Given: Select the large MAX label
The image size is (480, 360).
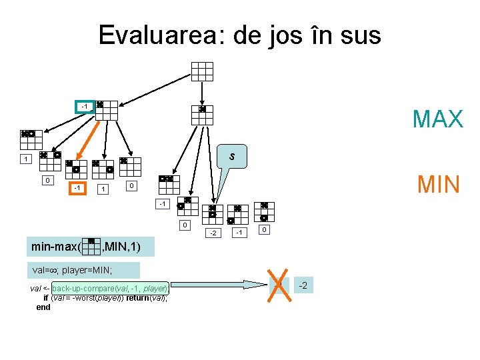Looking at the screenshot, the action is pyautogui.click(x=437, y=119).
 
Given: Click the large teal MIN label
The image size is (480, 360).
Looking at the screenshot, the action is pyautogui.click(x=439, y=184).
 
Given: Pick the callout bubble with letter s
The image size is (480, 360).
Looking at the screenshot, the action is pyautogui.click(x=231, y=157).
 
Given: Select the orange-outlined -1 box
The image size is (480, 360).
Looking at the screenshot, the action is pyautogui.click(x=78, y=188).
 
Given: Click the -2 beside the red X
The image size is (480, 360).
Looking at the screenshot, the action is pyautogui.click(x=302, y=286).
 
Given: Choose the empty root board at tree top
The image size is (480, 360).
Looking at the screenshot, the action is pyautogui.click(x=202, y=71).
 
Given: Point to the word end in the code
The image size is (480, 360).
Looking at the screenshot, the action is pyautogui.click(x=43, y=307).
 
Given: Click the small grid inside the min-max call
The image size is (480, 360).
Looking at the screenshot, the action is pyautogui.click(x=94, y=247).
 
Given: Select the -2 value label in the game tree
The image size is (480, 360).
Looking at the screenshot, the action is pyautogui.click(x=213, y=233).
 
